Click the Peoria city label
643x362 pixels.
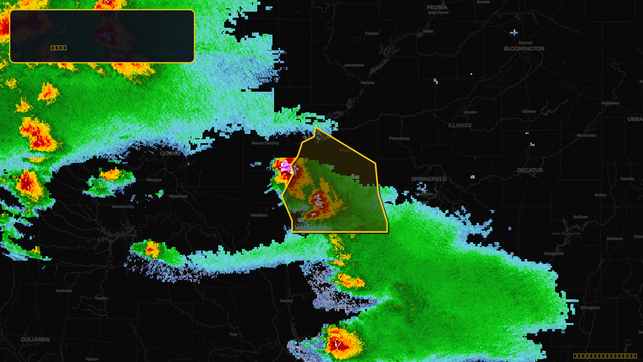[437, 7]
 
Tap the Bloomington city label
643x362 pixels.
[524, 49]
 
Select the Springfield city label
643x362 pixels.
[429, 179]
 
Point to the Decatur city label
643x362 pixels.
[530, 170]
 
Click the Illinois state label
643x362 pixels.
[460, 125]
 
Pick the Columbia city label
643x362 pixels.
[35, 339]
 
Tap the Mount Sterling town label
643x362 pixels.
[265, 143]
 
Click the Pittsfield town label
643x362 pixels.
[259, 216]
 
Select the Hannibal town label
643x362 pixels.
[178, 196]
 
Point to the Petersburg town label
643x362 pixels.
[399, 138]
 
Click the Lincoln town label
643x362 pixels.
[470, 112]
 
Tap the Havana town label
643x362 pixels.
[367, 83]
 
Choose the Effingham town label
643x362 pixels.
[590, 308]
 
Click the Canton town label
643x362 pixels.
[372, 33]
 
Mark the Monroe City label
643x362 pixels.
[123, 207]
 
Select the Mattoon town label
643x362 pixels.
[614, 239]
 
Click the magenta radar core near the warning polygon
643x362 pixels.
[286, 167]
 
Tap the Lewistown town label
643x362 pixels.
[354, 65]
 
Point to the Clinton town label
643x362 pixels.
[529, 111]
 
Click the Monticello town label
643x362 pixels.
[586, 136]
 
